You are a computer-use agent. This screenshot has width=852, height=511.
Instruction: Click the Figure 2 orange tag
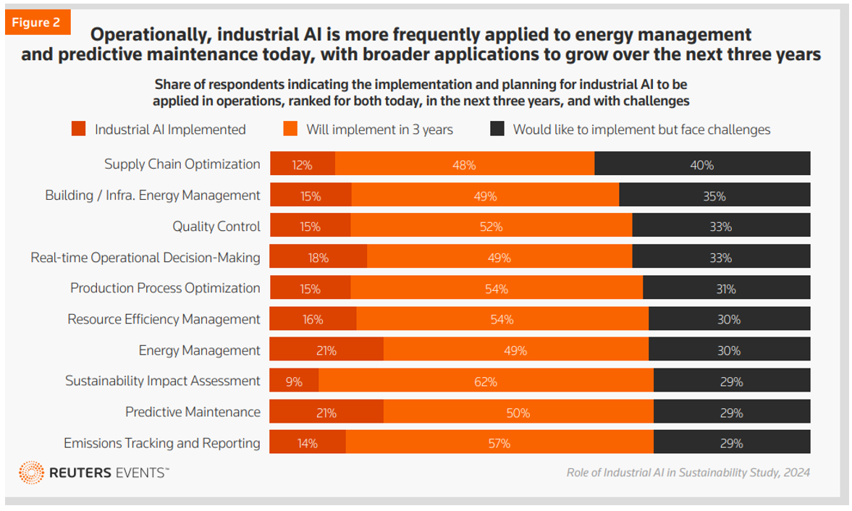pyautogui.click(x=36, y=22)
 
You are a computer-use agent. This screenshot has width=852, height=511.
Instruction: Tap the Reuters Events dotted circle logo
pyautogui.click(x=31, y=473)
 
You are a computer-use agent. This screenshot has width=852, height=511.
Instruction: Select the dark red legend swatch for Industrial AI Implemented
pyautogui.click(x=78, y=130)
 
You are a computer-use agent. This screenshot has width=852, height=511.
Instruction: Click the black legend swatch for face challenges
pyautogui.click(x=497, y=130)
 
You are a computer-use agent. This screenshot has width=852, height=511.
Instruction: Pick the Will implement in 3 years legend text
pyautogui.click(x=379, y=130)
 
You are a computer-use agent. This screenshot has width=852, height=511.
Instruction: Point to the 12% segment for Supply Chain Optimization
pyautogui.click(x=303, y=164)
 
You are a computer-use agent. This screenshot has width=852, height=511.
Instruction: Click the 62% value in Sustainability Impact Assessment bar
pyautogui.click(x=486, y=381)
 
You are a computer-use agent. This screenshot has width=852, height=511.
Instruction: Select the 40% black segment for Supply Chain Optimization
pyautogui.click(x=702, y=164)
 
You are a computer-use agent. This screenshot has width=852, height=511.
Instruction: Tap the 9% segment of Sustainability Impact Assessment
pyautogui.click(x=294, y=381)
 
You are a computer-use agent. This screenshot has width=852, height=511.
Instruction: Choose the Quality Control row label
pyautogui.click(x=216, y=227)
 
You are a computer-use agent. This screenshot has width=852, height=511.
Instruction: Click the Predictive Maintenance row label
pyautogui.click(x=193, y=412)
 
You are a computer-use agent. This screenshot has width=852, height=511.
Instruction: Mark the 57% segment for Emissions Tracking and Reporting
pyautogui.click(x=499, y=443)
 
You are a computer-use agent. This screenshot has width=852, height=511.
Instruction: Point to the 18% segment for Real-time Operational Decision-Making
pyautogui.click(x=319, y=257)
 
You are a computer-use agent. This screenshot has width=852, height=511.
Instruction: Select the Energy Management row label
pyautogui.click(x=199, y=350)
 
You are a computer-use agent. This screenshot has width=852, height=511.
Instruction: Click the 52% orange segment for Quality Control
pyautogui.click(x=491, y=227)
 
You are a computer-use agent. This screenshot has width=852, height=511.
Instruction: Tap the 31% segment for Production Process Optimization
pyautogui.click(x=726, y=288)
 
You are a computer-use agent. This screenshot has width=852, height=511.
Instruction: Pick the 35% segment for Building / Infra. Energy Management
pyautogui.click(x=714, y=195)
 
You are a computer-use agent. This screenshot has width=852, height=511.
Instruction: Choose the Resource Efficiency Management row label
pyautogui.click(x=164, y=319)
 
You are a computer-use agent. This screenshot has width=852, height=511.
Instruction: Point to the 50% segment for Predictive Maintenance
pyautogui.click(x=518, y=413)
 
